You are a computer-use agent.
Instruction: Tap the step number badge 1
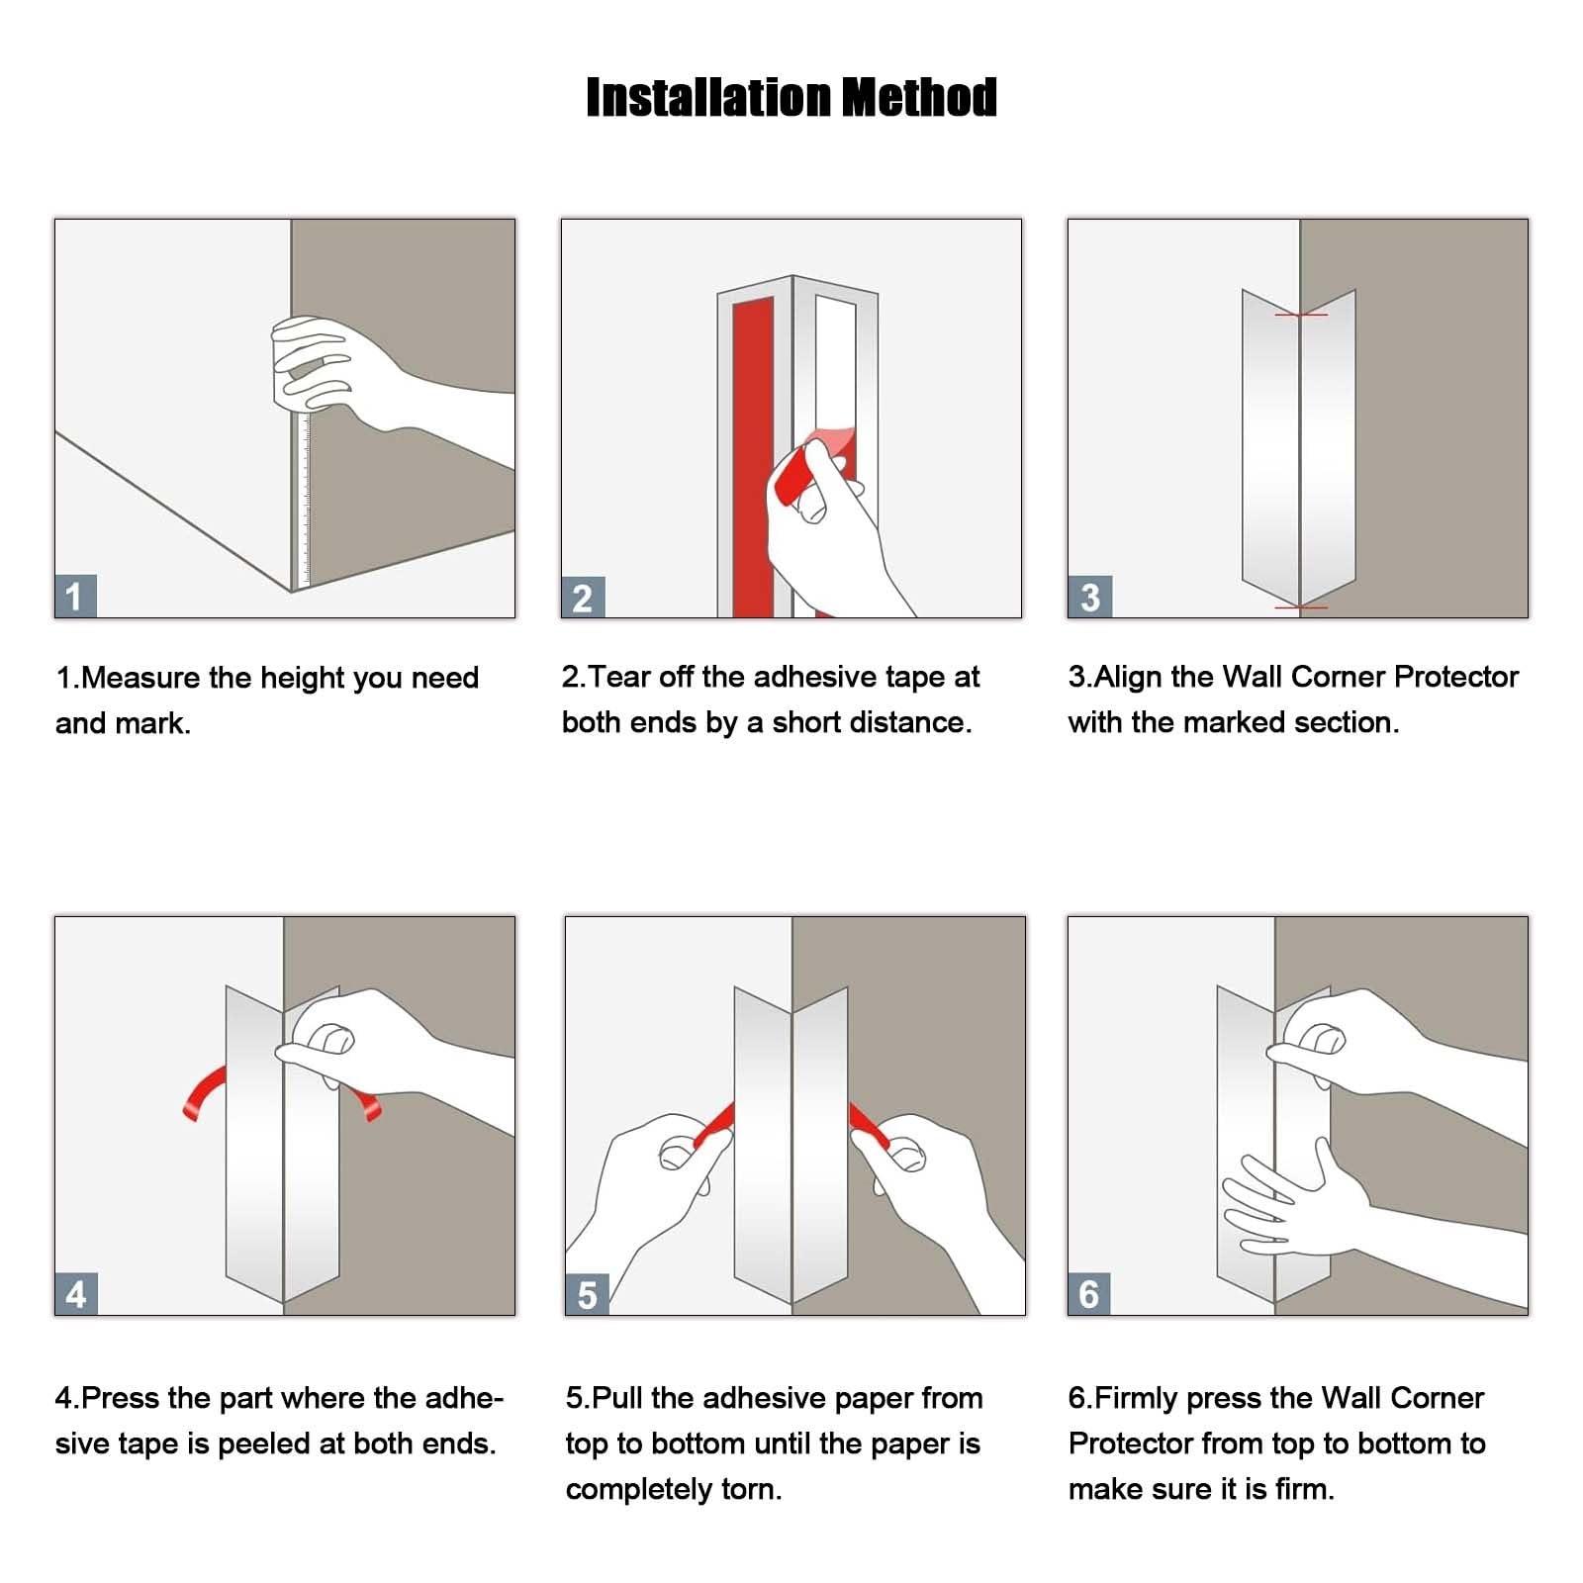click(x=75, y=597)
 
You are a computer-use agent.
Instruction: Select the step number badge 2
click(x=583, y=598)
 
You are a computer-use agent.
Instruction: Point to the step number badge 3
click(x=1089, y=598)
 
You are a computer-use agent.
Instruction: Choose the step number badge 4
click(x=76, y=1294)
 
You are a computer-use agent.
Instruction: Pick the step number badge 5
click(x=587, y=1294)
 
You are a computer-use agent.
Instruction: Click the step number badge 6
click(x=1089, y=1294)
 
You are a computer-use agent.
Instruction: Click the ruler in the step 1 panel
click(x=302, y=500)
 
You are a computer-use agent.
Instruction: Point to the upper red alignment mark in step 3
click(x=1301, y=315)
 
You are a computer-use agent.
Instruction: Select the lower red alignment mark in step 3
click(x=1301, y=606)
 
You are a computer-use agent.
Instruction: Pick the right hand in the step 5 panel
click(x=935, y=1202)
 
